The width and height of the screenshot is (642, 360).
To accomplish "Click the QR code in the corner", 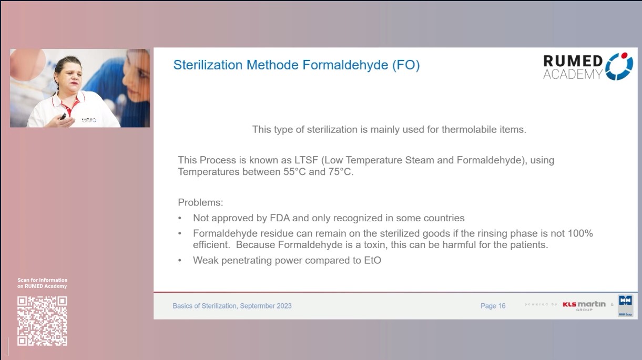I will [42, 321].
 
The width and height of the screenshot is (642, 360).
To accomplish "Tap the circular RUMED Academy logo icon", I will [619, 66].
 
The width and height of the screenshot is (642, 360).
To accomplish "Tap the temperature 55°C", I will [295, 172].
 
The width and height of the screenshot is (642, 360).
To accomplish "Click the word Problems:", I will [200, 202].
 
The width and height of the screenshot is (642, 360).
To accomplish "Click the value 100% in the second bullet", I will [580, 233].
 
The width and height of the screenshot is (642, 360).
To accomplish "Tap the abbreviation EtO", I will [371, 260].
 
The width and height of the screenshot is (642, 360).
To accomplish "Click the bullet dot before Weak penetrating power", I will [180, 260].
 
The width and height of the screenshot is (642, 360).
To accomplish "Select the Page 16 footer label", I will [493, 306].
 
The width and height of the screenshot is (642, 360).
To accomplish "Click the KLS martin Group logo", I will [584, 305].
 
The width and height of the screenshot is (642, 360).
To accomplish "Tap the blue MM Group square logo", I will [625, 302].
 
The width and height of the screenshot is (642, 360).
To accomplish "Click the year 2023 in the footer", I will [283, 306].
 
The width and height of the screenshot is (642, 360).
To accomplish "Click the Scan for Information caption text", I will [42, 283].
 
